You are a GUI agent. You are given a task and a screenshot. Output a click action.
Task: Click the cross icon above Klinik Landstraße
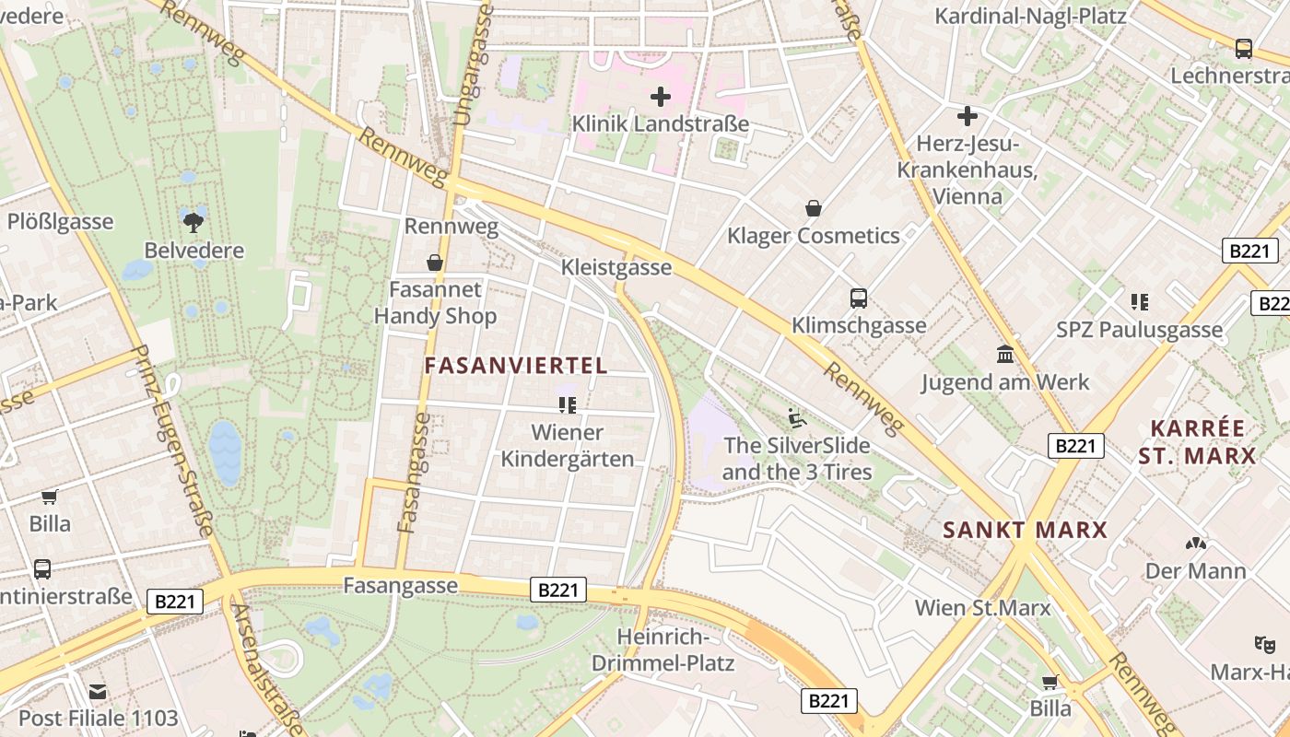[660, 96]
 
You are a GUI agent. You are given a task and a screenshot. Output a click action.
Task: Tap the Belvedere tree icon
[193, 221]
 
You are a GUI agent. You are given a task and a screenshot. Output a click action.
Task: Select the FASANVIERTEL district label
[516, 366]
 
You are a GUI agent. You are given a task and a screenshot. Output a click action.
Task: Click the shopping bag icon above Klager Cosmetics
[813, 208]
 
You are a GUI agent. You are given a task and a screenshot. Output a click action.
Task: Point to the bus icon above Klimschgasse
[859, 298]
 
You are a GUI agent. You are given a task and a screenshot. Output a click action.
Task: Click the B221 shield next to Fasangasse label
[557, 590]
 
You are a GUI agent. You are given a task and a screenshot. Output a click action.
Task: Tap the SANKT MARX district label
[1025, 530]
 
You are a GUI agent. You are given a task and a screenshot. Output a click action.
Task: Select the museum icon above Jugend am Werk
[1004, 355]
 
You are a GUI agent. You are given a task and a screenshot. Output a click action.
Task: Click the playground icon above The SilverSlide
[797, 418]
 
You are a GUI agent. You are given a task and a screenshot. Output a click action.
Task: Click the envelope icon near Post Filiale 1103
[98, 691]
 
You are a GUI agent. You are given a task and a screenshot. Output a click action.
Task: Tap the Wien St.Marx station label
[982, 608]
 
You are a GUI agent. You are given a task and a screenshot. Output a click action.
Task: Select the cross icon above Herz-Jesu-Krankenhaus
[967, 116]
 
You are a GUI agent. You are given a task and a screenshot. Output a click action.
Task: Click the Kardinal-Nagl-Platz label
[1030, 16]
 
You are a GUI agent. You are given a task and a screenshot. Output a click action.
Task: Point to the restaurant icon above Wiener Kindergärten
[567, 404]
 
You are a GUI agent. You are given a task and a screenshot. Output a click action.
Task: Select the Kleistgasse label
[616, 267]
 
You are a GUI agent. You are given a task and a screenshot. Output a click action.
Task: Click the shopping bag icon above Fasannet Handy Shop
[435, 263]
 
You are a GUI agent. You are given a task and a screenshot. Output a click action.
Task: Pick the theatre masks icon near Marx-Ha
[1263, 643]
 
